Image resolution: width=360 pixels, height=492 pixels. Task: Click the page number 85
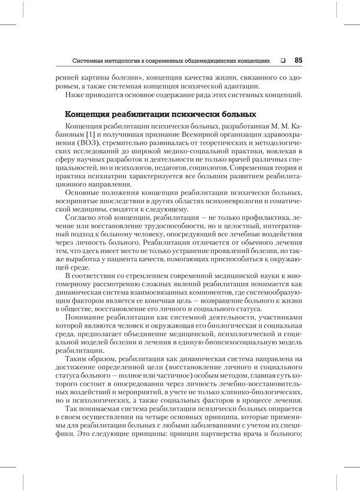coord(298,59)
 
